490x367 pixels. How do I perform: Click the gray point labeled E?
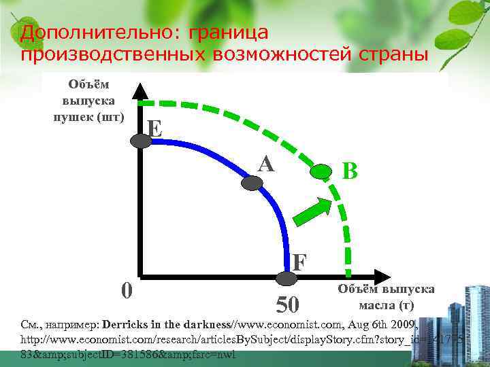coord(142,141)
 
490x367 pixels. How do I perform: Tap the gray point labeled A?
coord(251,182)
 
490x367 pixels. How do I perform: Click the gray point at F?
coord(287,277)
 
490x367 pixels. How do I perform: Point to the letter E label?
coord(155,127)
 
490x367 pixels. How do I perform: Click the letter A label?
coord(266,163)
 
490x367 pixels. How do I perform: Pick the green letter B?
coord(349,171)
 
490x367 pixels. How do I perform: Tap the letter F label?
coord(299,261)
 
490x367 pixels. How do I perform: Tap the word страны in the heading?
coord(391,54)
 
